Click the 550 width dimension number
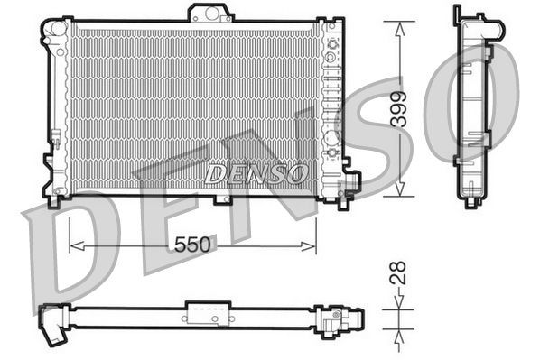click(191, 245)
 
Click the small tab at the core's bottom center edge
click(195, 196)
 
